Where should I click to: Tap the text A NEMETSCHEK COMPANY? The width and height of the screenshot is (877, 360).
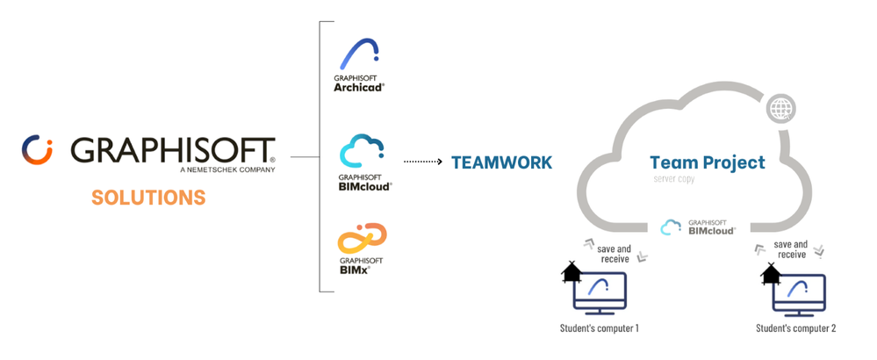[226, 169]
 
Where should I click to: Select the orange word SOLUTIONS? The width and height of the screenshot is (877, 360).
[147, 198]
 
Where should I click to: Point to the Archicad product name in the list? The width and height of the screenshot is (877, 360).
[359, 87]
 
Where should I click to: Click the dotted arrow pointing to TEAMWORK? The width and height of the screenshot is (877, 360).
[421, 162]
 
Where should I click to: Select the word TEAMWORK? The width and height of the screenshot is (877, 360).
[501, 162]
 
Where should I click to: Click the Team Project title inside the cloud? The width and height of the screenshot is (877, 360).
[707, 162]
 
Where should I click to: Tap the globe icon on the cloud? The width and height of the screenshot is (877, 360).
[779, 110]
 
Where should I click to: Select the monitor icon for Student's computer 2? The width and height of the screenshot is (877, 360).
[798, 292]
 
